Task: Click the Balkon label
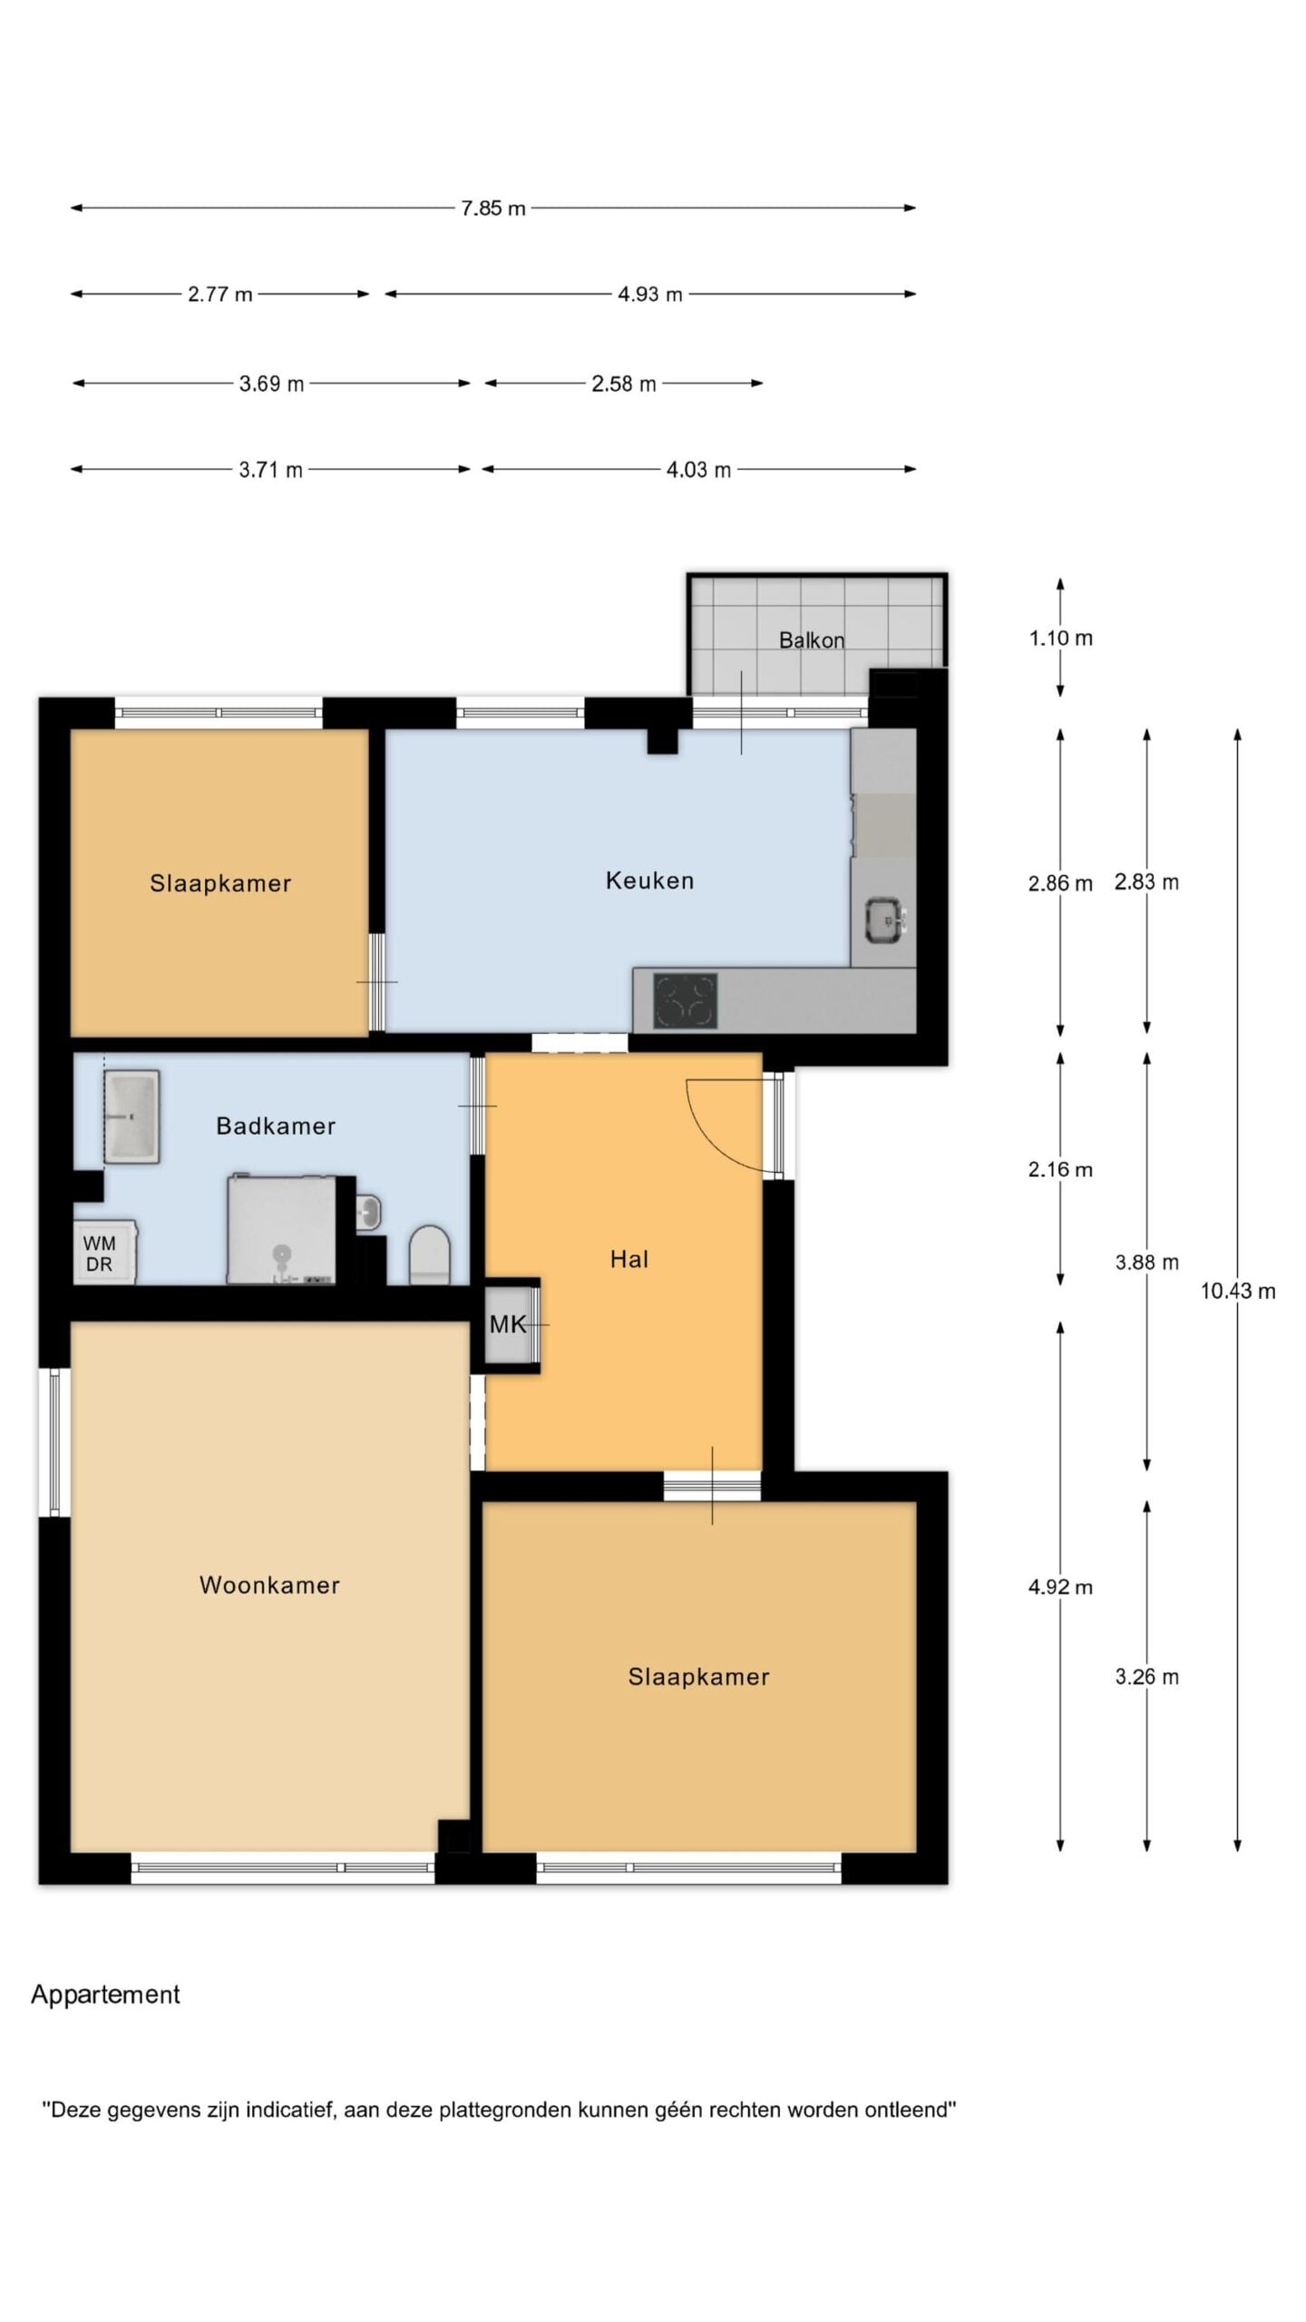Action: tap(812, 640)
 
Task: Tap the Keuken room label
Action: tap(649, 881)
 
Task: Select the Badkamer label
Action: tap(276, 1126)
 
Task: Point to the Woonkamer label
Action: tap(269, 1585)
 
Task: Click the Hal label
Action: tap(629, 1259)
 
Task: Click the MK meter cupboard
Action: tap(508, 1325)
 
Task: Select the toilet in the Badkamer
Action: tap(430, 1255)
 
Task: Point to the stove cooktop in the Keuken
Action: tap(685, 1000)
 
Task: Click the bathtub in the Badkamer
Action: tap(132, 1116)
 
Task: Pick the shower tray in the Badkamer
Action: tap(281, 1230)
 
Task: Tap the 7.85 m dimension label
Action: tap(492, 209)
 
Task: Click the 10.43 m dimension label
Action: tap(1238, 1291)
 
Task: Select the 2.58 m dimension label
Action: tap(623, 384)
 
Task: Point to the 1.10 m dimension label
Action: tap(1060, 638)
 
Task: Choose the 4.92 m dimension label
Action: tap(1060, 1586)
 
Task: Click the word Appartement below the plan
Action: tap(105, 1995)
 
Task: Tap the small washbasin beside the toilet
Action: tap(367, 1212)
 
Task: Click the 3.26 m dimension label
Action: tap(1146, 1676)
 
